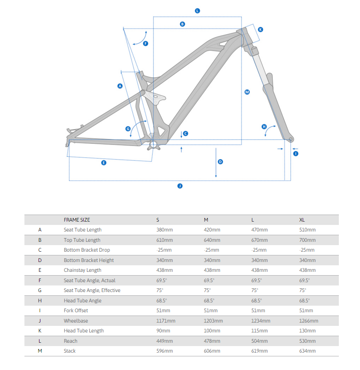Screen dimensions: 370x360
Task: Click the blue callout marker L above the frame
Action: pyautogui.click(x=197, y=10)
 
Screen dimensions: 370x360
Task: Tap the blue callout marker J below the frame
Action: pyautogui.click(x=180, y=186)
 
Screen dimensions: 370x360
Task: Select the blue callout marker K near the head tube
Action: pyautogui.click(x=261, y=29)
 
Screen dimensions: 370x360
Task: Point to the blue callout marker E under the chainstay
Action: pyautogui.click(x=104, y=162)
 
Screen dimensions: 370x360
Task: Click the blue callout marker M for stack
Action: pyautogui.click(x=247, y=92)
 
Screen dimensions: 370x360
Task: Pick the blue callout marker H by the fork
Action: pyautogui.click(x=264, y=127)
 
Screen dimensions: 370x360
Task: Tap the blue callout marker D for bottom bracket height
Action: pyautogui.click(x=220, y=162)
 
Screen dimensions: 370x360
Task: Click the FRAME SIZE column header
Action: pyautogui.click(x=77, y=220)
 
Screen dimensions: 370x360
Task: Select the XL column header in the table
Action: pyautogui.click(x=303, y=220)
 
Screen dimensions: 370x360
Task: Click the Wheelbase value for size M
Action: pyautogui.click(x=213, y=321)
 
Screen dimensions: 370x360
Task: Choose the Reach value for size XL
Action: pyautogui.click(x=307, y=341)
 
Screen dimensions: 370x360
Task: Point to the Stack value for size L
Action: pyautogui.click(x=260, y=351)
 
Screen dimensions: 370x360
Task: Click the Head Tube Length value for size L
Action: pyautogui.click(x=260, y=331)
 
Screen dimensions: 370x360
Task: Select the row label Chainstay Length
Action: pyautogui.click(x=82, y=270)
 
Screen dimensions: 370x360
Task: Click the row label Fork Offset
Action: pyautogui.click(x=76, y=310)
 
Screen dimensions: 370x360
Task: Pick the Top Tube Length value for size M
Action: pyautogui.click(x=212, y=240)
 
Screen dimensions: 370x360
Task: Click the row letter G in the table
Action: pyautogui.click(x=40, y=290)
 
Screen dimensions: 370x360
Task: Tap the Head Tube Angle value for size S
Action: pyautogui.click(x=162, y=301)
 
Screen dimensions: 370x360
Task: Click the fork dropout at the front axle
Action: pyautogui.click(x=290, y=139)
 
